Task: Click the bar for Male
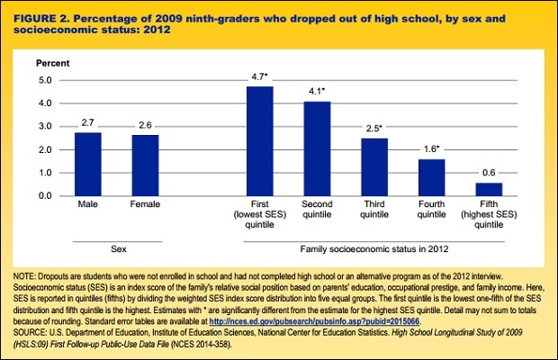[x=88, y=164]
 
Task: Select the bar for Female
[x=145, y=165]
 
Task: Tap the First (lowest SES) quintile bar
[x=260, y=140]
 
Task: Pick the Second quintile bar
[x=317, y=148]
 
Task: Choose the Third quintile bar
[x=373, y=166]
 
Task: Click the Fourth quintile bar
[x=431, y=177]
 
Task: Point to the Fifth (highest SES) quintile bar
[x=488, y=189]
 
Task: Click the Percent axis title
[x=50, y=64]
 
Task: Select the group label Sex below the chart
[x=117, y=246]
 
